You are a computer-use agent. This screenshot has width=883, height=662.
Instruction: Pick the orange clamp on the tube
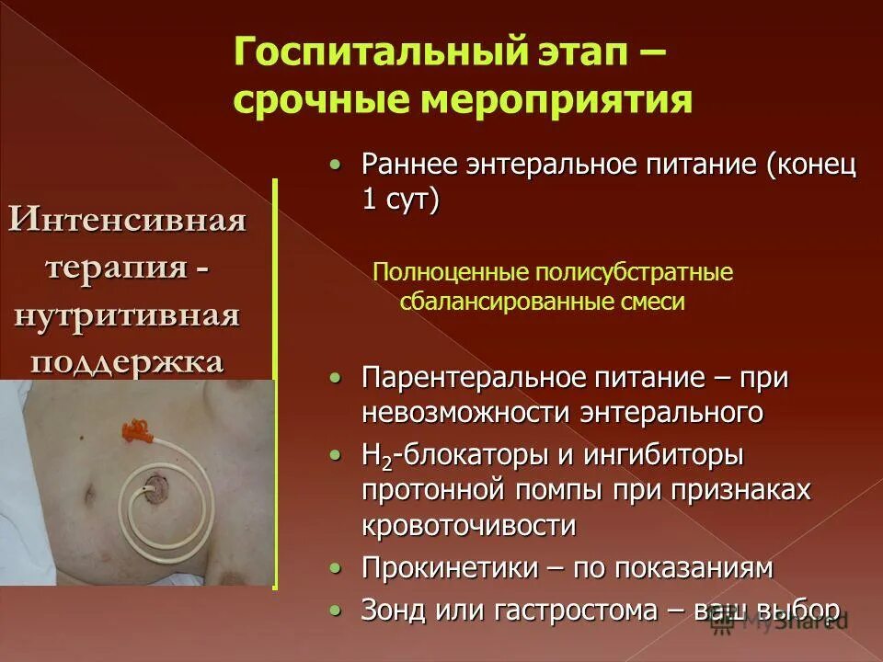tap(134, 429)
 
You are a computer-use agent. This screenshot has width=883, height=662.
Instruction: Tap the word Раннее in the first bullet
tap(406, 165)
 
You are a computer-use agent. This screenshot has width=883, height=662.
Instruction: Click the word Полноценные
tap(433, 272)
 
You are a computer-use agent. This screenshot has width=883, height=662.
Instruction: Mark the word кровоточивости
tap(469, 525)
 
